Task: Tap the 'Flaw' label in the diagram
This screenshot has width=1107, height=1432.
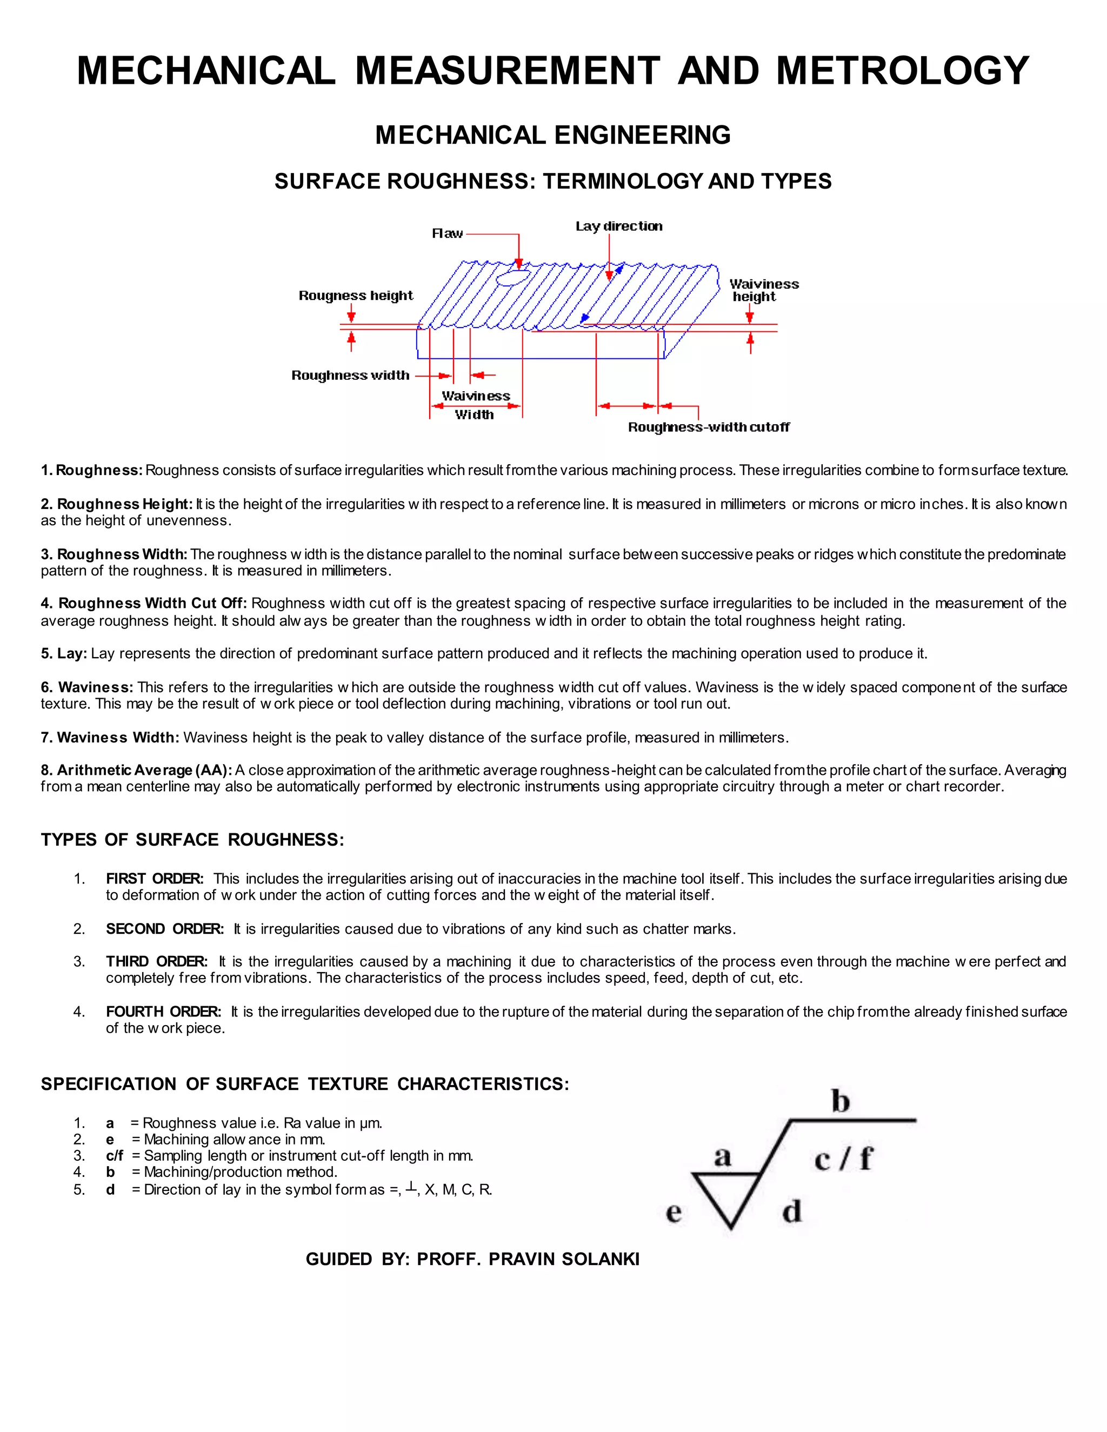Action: click(x=447, y=233)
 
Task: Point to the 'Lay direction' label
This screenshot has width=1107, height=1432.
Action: click(x=618, y=226)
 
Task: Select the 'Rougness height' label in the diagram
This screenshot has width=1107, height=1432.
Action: click(x=356, y=296)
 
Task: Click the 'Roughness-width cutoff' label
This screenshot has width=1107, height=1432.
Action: click(x=708, y=427)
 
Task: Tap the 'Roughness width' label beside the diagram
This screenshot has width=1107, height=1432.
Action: click(x=350, y=376)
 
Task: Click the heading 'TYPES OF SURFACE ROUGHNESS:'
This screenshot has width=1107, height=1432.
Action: click(x=192, y=840)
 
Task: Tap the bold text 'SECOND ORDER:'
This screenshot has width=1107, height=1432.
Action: click(x=165, y=929)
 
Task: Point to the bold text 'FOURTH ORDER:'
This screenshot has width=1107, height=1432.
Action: click(x=163, y=1012)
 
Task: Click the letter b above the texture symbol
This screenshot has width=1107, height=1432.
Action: click(x=840, y=1101)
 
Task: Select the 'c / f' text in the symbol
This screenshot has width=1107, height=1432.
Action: click(x=843, y=1159)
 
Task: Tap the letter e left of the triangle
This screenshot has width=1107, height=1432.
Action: click(x=673, y=1213)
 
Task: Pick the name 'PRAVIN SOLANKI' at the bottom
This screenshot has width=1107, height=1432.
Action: click(x=563, y=1260)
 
